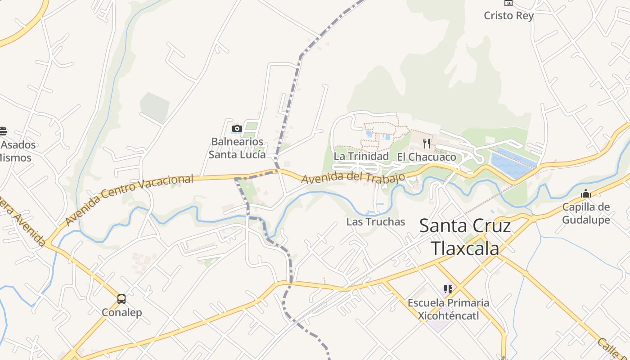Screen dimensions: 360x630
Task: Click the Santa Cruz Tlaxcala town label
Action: click(x=465, y=237)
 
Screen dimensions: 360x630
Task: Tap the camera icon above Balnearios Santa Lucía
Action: click(x=237, y=129)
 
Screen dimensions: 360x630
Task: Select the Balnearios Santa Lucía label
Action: click(x=237, y=148)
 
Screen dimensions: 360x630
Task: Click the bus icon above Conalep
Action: click(x=121, y=299)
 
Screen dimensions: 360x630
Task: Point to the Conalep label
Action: click(x=121, y=312)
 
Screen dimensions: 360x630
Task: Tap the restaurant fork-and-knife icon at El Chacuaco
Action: click(x=427, y=144)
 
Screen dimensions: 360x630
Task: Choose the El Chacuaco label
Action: click(x=426, y=157)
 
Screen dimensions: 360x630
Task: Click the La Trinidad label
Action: click(x=361, y=156)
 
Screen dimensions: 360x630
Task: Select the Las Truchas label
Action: click(x=376, y=222)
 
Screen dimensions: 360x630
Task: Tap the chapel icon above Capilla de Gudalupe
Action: click(x=586, y=193)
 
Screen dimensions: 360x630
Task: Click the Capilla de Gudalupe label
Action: click(x=586, y=213)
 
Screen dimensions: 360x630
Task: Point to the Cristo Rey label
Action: click(x=508, y=16)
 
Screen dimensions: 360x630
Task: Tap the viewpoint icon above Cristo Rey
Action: click(x=508, y=3)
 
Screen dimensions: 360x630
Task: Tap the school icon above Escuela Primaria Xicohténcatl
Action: click(x=448, y=289)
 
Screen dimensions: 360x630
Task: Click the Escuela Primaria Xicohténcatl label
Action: click(x=448, y=309)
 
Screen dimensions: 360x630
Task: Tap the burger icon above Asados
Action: click(x=3, y=131)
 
